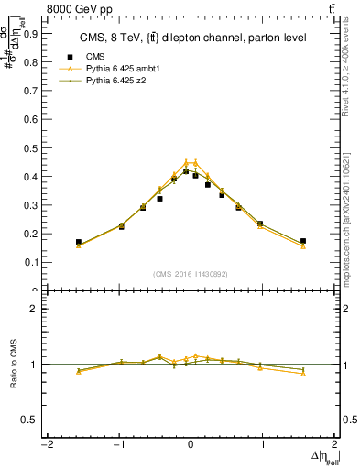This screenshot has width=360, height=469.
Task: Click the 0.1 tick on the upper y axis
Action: (33, 262)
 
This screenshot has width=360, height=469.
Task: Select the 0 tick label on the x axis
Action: (191, 445)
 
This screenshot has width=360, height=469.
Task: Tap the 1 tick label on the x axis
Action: (264, 445)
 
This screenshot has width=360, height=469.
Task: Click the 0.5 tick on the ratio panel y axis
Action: (33, 420)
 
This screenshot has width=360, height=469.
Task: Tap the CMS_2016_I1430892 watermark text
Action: (191, 274)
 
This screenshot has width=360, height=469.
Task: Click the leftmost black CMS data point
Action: (79, 242)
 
